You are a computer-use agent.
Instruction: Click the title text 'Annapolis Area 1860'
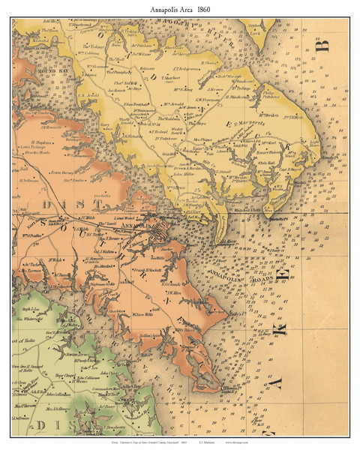click(180, 7)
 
